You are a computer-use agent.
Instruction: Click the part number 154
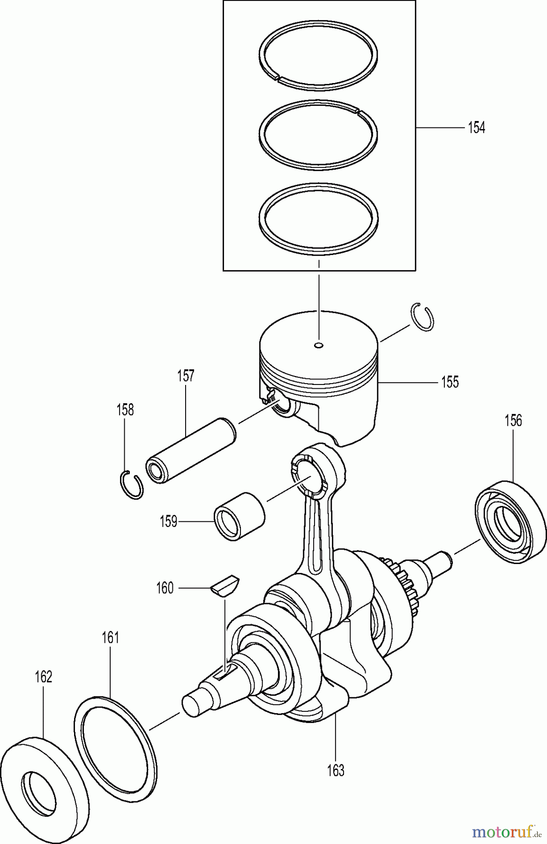pos(476,128)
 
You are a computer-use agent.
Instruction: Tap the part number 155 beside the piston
pos(450,382)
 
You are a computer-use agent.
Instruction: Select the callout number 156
pos(513,420)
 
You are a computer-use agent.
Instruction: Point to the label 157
pos(186,376)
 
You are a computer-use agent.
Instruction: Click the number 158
pos(125,409)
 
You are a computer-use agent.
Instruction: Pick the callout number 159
pos(168,521)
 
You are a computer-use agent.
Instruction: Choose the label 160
pos(165,588)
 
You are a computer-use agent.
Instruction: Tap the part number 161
pos(110,638)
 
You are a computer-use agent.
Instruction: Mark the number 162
pos(43,677)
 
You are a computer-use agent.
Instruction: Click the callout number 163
pos(336,770)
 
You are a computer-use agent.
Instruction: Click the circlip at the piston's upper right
pos(423,317)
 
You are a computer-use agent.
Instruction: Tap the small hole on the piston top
pos(319,346)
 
